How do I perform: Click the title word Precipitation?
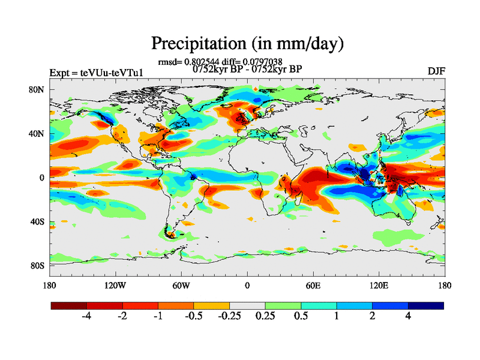(x=196, y=44)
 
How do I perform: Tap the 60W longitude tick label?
(x=181, y=285)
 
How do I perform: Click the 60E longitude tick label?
(x=313, y=285)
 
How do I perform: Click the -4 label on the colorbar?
(x=86, y=317)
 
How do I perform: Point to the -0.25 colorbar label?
(x=229, y=317)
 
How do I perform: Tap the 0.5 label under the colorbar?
(x=301, y=317)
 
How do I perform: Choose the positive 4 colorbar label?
(x=408, y=317)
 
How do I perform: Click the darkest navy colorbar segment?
(x=426, y=305)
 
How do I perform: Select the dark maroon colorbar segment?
(x=69, y=305)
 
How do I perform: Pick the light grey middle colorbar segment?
(x=247, y=305)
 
